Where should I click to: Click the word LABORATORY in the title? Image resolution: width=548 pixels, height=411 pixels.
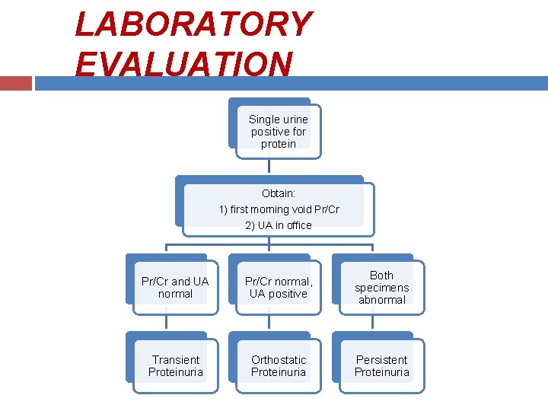[193, 24]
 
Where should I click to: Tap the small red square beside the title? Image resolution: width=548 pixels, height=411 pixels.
[15, 82]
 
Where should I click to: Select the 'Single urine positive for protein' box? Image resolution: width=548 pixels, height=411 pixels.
[278, 131]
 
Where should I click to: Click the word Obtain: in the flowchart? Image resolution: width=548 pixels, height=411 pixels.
[279, 194]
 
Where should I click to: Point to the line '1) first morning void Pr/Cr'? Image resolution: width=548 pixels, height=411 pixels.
[279, 209]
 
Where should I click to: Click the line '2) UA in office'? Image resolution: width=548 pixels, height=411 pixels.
[279, 225]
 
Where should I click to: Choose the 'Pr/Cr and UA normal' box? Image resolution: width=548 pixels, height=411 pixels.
[175, 287]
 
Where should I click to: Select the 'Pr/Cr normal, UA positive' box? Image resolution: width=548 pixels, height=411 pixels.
[278, 287]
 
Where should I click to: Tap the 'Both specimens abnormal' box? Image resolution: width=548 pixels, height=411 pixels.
[381, 287]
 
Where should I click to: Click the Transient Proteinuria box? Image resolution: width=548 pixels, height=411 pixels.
[175, 365]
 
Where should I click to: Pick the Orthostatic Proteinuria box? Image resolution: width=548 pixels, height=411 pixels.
[278, 365]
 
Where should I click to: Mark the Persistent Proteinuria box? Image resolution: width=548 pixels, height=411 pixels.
[381, 365]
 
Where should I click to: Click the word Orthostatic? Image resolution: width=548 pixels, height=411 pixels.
[279, 359]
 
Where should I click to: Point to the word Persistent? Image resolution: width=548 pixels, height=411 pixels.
[381, 359]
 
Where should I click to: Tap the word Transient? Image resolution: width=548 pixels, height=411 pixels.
[175, 359]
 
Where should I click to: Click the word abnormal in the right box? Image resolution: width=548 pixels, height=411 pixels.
[381, 300]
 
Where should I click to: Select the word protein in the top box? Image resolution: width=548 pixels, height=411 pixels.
[278, 144]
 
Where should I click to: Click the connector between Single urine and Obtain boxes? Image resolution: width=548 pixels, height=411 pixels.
[269, 167]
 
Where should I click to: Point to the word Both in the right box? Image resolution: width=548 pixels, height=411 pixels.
[381, 275]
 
